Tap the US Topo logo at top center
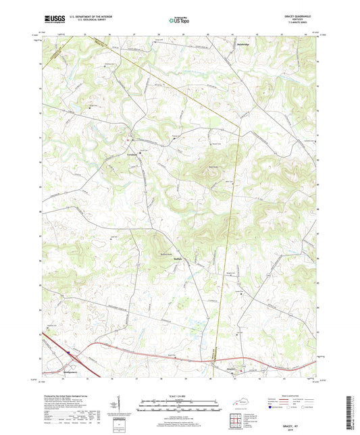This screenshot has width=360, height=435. [179, 21]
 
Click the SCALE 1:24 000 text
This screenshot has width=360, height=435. [179, 396]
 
